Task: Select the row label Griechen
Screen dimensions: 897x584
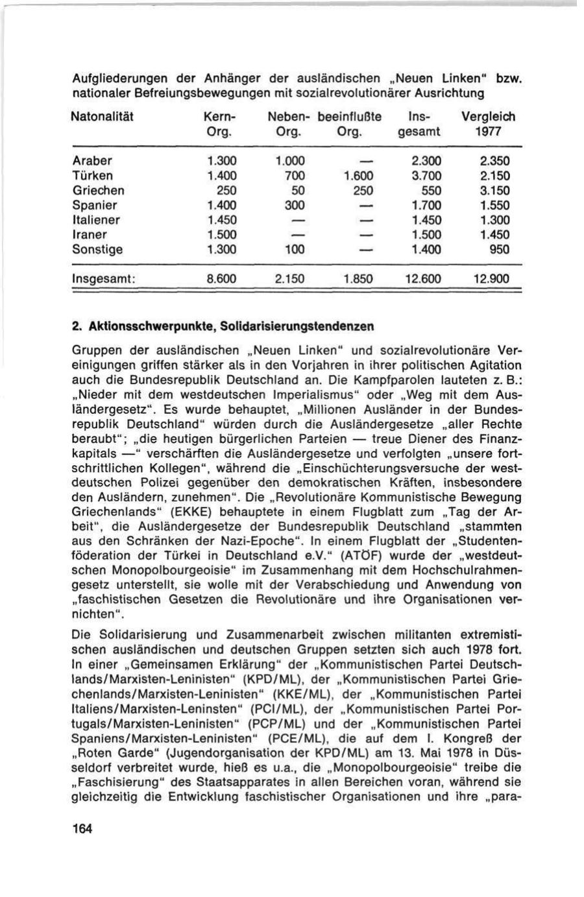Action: coord(98,191)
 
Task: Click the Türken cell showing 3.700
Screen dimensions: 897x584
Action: coord(427,176)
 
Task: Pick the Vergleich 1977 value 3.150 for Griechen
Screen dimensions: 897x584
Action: coord(495,191)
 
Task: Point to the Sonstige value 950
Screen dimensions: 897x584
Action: coord(500,249)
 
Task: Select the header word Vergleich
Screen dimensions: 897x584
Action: coord(487,117)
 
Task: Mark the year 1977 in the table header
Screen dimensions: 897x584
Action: coord(491,131)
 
